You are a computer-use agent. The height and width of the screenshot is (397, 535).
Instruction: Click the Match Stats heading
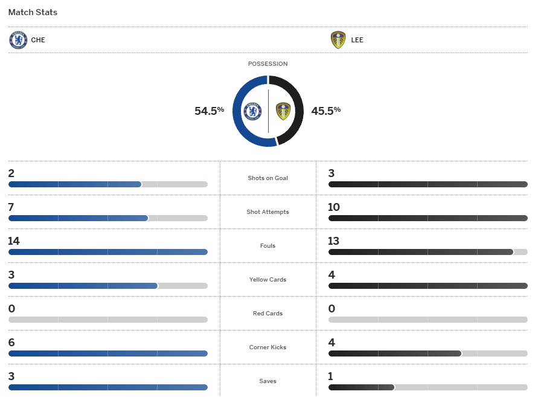[x=33, y=12]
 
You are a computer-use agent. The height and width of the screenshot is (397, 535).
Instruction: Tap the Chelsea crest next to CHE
[x=18, y=40]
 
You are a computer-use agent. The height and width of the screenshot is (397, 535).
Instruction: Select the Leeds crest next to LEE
[x=338, y=40]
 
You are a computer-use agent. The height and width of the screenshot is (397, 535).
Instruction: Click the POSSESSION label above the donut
[x=267, y=64]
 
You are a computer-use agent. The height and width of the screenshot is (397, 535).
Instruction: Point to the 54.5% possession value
[x=209, y=111]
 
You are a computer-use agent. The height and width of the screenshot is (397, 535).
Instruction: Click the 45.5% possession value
[x=326, y=111]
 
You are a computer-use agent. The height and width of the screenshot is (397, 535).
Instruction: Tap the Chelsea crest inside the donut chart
[x=252, y=111]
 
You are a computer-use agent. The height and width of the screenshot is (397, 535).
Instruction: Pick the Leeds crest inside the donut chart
[x=283, y=111]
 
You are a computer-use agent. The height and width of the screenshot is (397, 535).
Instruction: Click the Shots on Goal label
[x=267, y=178]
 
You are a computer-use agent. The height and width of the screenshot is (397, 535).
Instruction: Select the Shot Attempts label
[x=267, y=212]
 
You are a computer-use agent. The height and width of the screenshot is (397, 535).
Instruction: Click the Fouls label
[x=267, y=246]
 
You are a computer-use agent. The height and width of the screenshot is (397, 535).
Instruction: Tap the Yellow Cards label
[x=267, y=280]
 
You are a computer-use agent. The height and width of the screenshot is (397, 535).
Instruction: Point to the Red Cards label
[x=267, y=314]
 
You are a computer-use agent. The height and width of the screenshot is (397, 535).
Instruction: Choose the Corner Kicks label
[x=267, y=347]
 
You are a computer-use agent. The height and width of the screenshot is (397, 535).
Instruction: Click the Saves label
[x=267, y=381]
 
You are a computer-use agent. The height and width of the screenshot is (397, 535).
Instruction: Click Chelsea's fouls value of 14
[x=14, y=241]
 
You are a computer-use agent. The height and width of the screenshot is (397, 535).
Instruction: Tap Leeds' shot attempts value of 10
[x=334, y=207]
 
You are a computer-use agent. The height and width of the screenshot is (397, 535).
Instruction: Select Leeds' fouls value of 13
[x=334, y=241]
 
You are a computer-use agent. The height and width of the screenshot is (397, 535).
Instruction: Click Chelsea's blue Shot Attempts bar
[x=78, y=218]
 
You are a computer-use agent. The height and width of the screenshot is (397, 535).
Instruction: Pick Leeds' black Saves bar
[x=361, y=387]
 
